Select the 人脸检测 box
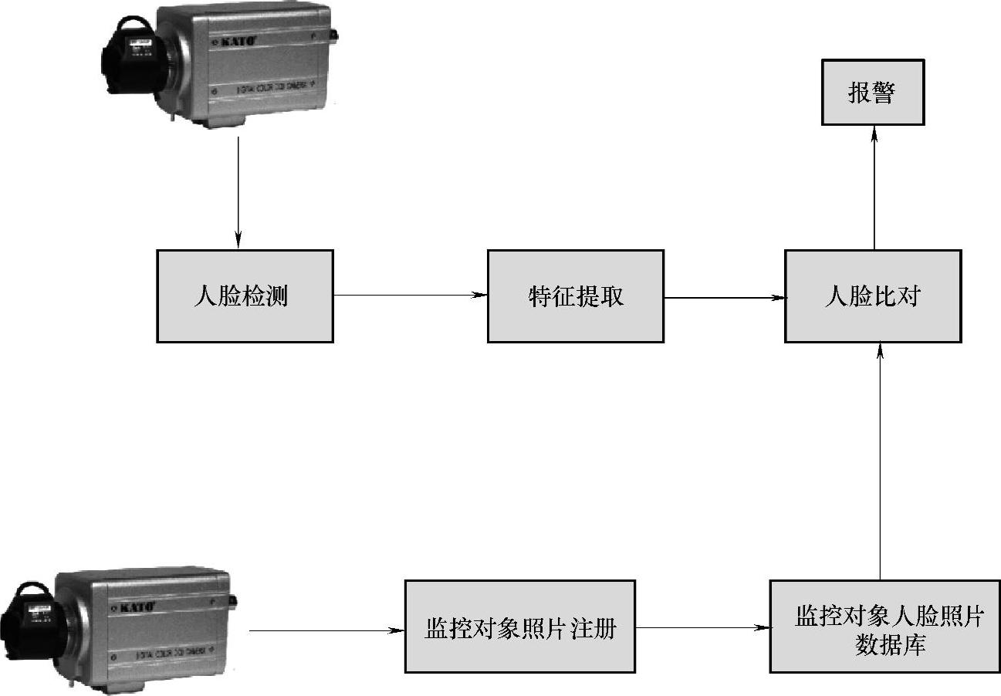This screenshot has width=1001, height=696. pos(245,296)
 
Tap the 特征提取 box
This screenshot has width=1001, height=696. pos(575,296)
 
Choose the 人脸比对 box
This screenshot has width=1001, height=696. pos(872,296)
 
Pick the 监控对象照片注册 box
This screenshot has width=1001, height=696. pos(519,627)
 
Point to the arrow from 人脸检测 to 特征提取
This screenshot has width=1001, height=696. pos(410,295)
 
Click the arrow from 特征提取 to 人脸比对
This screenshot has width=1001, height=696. pos(724,296)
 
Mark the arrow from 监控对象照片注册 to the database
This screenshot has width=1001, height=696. pos(702,627)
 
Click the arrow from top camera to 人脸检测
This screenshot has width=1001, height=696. pos(238,193)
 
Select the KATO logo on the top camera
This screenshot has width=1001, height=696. pos(232,40)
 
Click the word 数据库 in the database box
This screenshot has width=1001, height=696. pos(890,645)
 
